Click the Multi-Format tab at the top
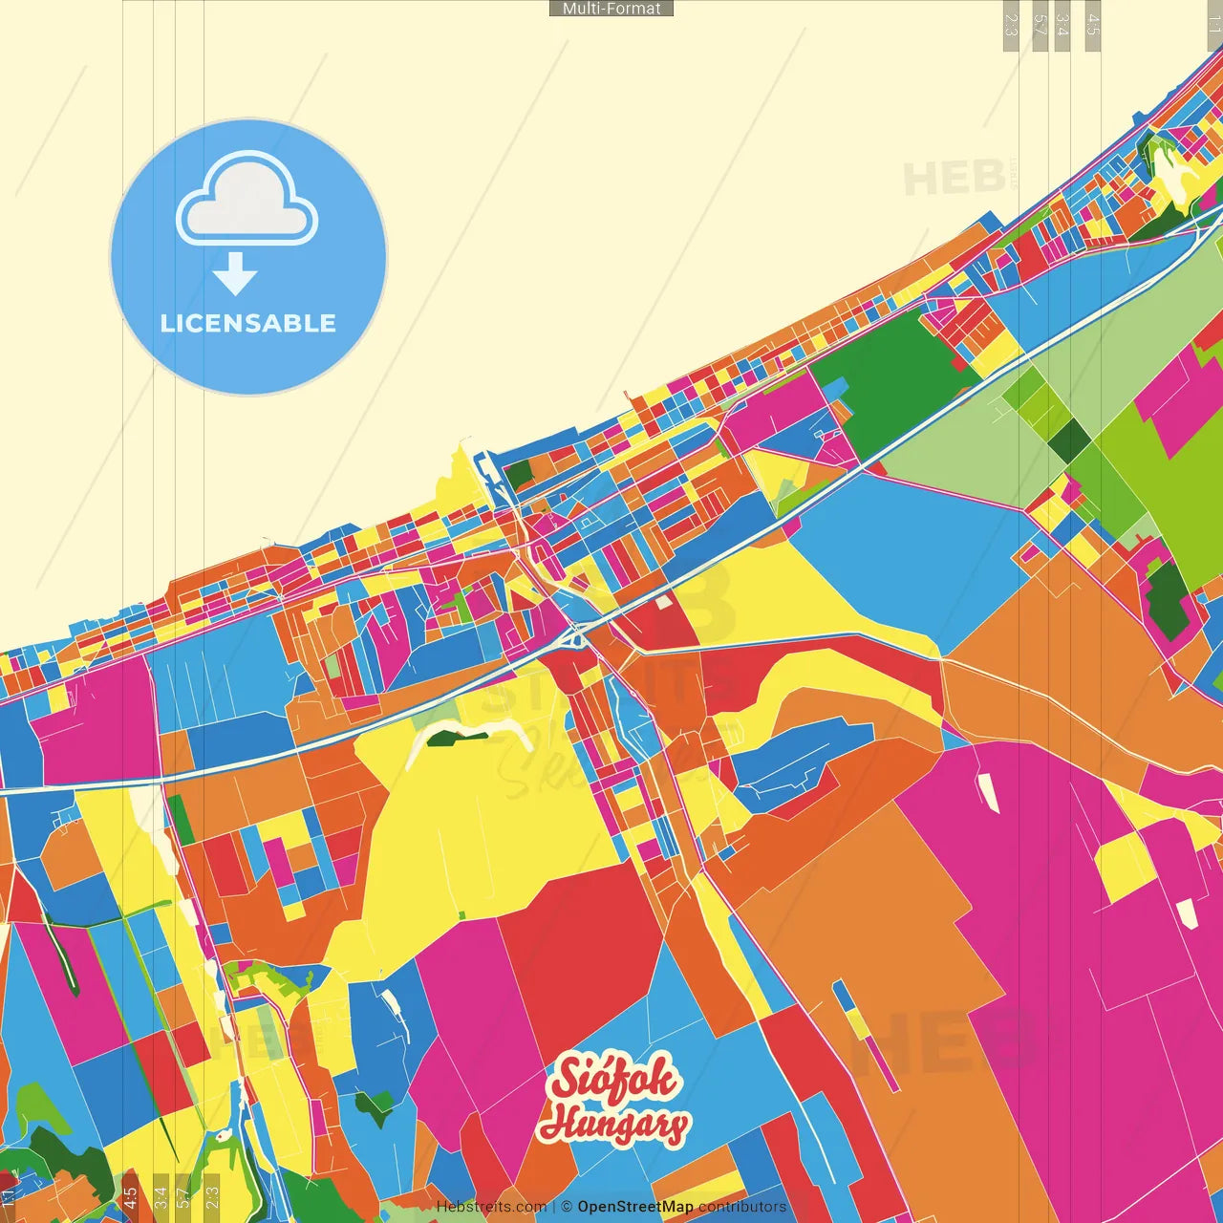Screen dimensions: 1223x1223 611,9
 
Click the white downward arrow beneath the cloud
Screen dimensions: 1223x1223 235,274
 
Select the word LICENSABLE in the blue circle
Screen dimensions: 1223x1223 248,323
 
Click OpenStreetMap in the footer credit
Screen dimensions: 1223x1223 635,1207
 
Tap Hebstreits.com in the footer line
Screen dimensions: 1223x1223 491,1207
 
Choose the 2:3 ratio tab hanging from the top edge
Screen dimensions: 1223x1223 1011,25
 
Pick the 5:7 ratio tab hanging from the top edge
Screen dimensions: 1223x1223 1040,25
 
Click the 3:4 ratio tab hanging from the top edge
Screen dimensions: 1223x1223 1062,25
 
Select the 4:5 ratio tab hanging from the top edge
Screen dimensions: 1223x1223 1093,25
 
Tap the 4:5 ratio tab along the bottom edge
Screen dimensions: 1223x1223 130,1197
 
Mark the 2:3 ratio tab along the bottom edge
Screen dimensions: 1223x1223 212,1197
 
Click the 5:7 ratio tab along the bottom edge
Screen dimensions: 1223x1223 183,1197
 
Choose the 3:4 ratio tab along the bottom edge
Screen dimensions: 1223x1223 161,1197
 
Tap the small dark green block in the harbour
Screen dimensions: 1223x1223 519,474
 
